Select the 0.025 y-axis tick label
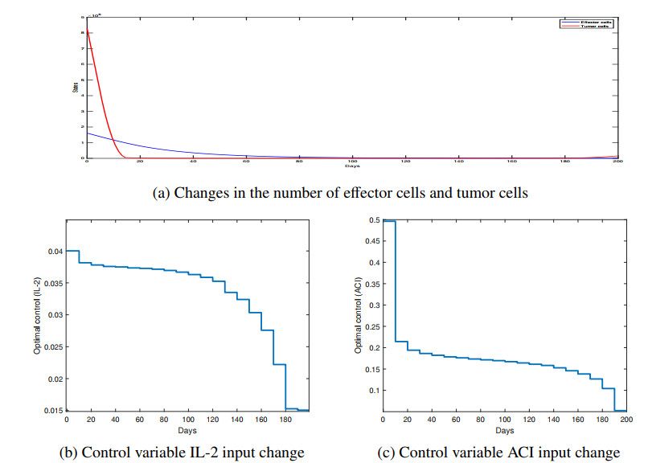click(x=53, y=347)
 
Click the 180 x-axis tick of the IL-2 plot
click(x=286, y=420)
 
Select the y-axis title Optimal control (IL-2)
click(x=37, y=315)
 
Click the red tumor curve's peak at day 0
click(x=86, y=30)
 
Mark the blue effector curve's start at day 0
click(x=86, y=133)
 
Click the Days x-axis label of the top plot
click(x=352, y=166)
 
